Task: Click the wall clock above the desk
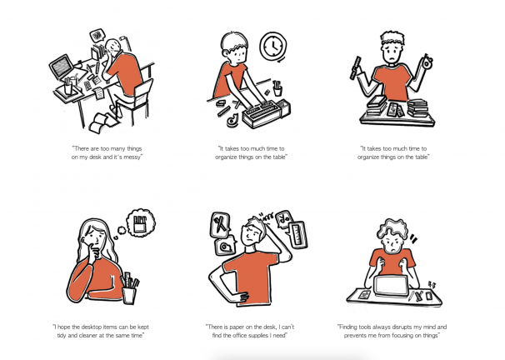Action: (273, 46)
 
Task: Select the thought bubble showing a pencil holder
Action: (141, 222)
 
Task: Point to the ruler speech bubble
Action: (297, 234)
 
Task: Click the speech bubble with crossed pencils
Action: (220, 224)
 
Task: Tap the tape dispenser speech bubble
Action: (225, 247)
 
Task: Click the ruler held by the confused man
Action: (355, 68)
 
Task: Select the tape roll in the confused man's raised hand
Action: (427, 62)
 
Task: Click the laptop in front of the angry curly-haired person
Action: (391, 286)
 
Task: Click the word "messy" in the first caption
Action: (132, 157)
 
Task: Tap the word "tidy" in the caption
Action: (62, 335)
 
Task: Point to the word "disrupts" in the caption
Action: (401, 327)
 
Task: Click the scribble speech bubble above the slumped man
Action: (97, 36)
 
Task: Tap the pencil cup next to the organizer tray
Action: (277, 88)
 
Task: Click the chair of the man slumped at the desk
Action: (135, 101)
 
